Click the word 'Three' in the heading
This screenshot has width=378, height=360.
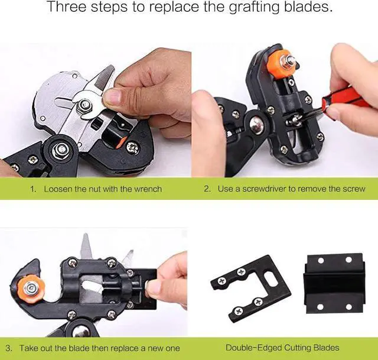67,8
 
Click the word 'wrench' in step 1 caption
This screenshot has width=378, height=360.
147,189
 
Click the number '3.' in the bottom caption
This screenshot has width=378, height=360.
9,348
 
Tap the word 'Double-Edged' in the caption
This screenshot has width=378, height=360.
253,348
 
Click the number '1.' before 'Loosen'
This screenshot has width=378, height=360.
33,189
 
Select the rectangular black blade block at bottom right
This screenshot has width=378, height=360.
335,284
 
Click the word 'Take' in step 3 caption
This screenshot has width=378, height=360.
28,348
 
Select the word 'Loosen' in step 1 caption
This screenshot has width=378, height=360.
57,189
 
